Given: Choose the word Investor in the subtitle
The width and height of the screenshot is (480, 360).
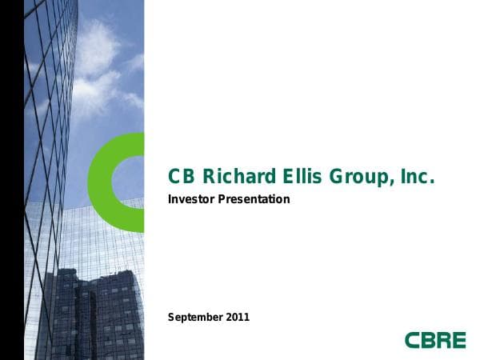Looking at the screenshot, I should [x=192, y=198].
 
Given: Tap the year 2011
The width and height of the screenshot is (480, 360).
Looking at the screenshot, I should [x=238, y=317].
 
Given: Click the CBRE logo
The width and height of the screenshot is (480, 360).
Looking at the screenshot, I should [x=434, y=340].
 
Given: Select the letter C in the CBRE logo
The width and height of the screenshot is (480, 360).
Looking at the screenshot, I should [x=412, y=340].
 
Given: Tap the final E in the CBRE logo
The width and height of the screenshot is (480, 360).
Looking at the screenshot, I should [x=458, y=340].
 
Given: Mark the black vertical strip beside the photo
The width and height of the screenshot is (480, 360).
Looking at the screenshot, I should [x=11, y=180].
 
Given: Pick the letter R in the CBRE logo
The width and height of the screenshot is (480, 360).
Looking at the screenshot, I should [x=442, y=340].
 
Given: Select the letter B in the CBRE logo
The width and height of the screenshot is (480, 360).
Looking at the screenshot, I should [x=427, y=340].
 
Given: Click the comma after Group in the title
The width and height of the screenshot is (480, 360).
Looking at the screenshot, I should [x=390, y=183].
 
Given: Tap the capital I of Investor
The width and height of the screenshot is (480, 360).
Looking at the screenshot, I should [x=170, y=198].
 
